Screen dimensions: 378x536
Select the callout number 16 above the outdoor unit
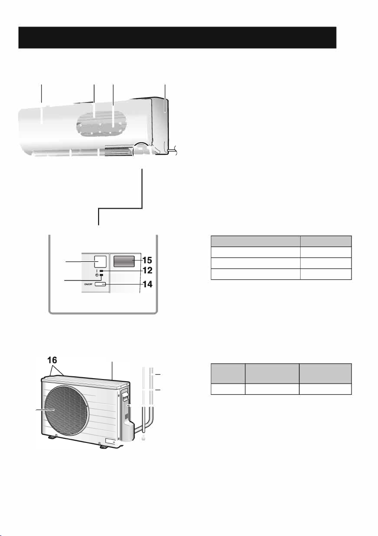(52, 360)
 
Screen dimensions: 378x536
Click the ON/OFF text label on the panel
(89, 284)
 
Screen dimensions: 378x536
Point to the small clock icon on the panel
(97, 275)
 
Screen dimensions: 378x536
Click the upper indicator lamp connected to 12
(102, 270)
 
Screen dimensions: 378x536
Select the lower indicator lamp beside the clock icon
(101, 275)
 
